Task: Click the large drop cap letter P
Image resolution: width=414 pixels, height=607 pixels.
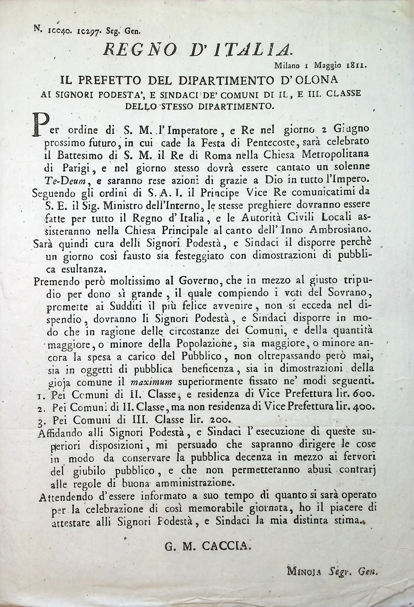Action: tap(40, 126)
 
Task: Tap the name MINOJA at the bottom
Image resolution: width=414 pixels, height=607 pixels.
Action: tap(304, 571)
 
